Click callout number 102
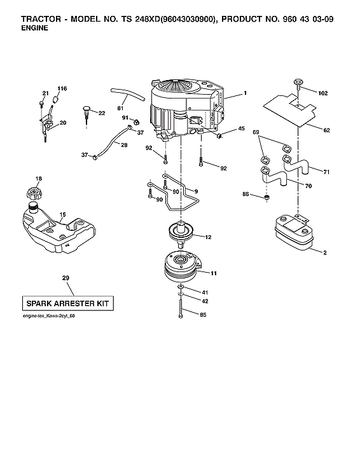(x=322, y=93)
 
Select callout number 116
(x=62, y=88)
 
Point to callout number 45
(x=241, y=129)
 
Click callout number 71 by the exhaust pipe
(x=326, y=172)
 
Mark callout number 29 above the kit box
(x=66, y=278)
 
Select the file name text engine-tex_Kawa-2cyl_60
(x=48, y=317)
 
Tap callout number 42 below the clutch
(x=205, y=301)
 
